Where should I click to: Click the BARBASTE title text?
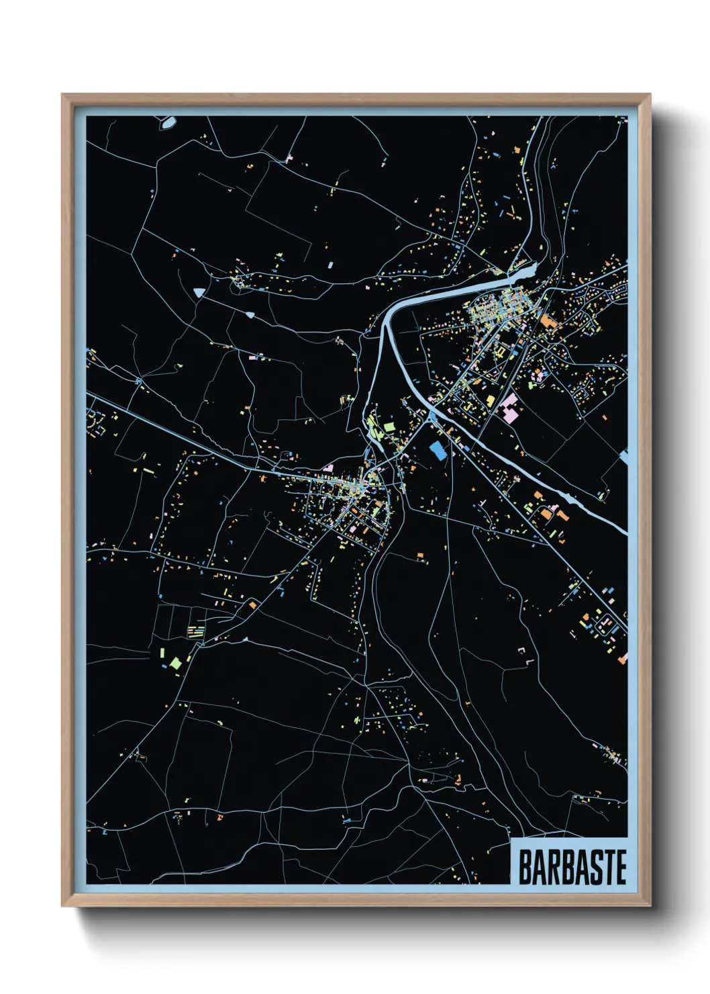(572, 866)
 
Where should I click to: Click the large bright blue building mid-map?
(438, 450)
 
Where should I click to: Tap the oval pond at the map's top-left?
(166, 122)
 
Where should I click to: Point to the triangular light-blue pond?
(199, 291)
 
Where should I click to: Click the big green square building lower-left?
(175, 663)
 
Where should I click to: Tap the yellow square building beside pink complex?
(491, 401)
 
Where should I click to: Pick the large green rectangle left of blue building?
(389, 425)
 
